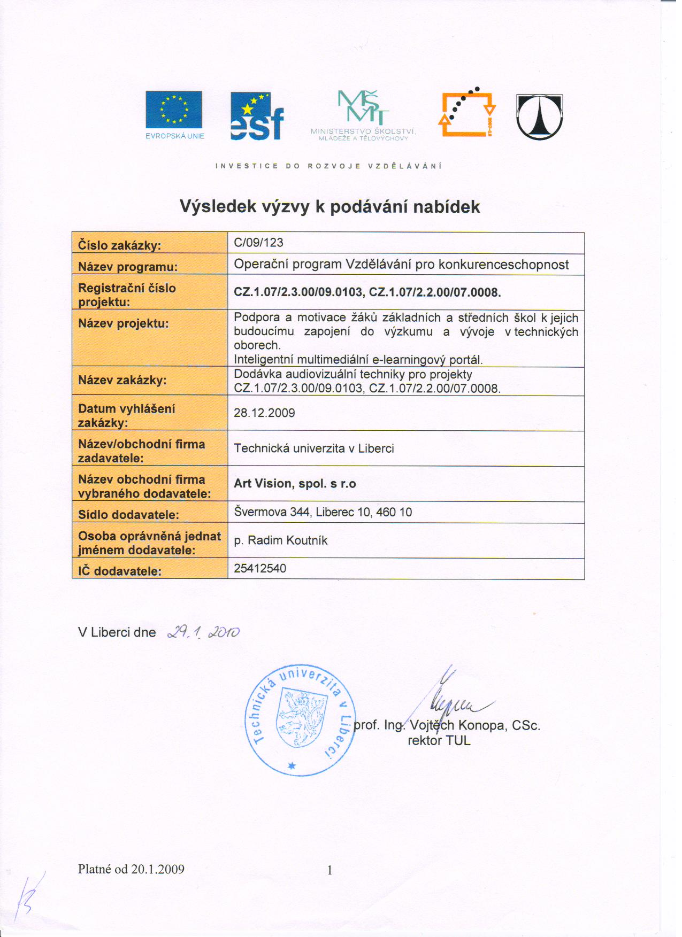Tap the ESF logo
coord(257,117)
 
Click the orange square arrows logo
coord(466,113)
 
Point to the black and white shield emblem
coord(539,117)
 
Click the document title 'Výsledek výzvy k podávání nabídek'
coord(329,207)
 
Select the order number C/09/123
coord(259,243)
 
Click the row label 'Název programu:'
coord(128,267)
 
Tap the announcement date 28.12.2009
coord(264,413)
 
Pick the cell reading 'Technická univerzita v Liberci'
coord(314,448)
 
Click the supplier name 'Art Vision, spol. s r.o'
coord(295,484)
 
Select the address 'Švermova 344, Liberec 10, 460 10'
coord(323,512)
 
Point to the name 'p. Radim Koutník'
coord(281,540)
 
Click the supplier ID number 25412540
coord(260,568)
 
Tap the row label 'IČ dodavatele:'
coord(120,571)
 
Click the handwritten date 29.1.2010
coord(203,632)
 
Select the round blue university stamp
coord(300,720)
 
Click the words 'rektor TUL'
coord(439,741)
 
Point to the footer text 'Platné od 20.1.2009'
coord(131,869)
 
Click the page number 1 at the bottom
coord(329,870)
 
